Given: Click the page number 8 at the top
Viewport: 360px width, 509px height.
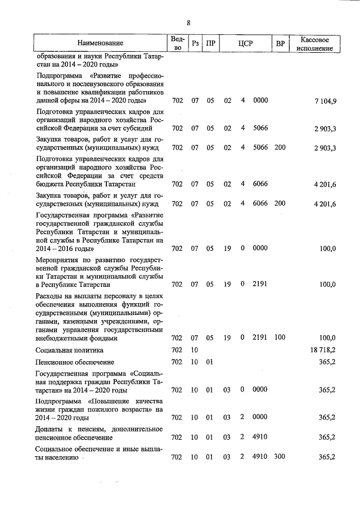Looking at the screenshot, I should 188,22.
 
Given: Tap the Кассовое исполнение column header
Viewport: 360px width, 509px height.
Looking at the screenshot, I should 318,43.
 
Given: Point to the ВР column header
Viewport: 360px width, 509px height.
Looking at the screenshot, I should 280,43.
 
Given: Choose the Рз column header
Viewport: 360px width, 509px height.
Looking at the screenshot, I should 195,43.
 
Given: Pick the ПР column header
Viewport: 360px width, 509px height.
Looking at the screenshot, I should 210,43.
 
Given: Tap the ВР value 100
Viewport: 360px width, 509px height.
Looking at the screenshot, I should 280,337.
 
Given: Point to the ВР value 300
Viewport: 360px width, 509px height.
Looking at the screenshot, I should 280,457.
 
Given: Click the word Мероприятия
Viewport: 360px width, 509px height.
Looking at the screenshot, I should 57,260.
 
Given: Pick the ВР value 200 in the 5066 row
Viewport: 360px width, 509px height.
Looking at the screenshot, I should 280,148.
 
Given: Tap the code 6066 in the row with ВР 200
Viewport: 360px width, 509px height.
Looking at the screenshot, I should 260,203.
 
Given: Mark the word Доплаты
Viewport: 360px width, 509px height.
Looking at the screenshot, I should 50,429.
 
